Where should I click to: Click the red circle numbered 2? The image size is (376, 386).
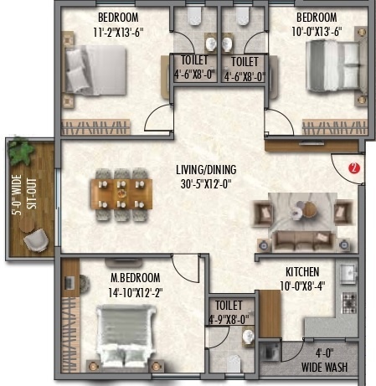pos(353,167)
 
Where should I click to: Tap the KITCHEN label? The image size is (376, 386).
pos(303,272)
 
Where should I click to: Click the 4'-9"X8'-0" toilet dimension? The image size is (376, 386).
pos(229,318)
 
